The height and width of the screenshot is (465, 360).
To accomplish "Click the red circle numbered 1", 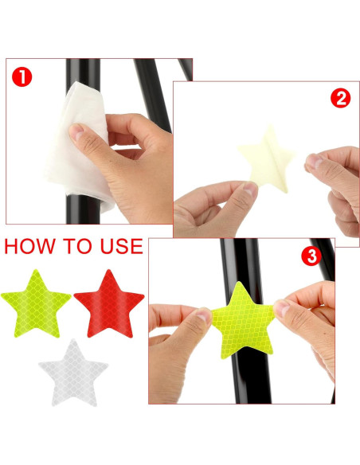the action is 22,77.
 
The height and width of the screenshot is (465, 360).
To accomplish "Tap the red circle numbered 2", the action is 340,99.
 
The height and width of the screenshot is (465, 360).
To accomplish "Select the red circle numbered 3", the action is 311,256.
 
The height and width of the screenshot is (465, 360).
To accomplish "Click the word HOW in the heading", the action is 30,246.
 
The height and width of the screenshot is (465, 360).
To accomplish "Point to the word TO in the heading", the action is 77,246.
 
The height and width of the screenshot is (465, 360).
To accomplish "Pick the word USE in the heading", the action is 122,246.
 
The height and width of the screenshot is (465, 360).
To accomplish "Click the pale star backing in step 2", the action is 267,160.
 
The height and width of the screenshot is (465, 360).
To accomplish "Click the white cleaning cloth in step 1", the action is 78,145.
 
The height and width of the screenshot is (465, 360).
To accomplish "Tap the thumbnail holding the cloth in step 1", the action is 76,131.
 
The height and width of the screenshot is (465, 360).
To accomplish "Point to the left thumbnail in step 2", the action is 250,189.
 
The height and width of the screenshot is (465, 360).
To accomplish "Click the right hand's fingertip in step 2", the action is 312,162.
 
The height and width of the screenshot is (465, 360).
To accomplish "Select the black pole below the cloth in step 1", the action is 83,209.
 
